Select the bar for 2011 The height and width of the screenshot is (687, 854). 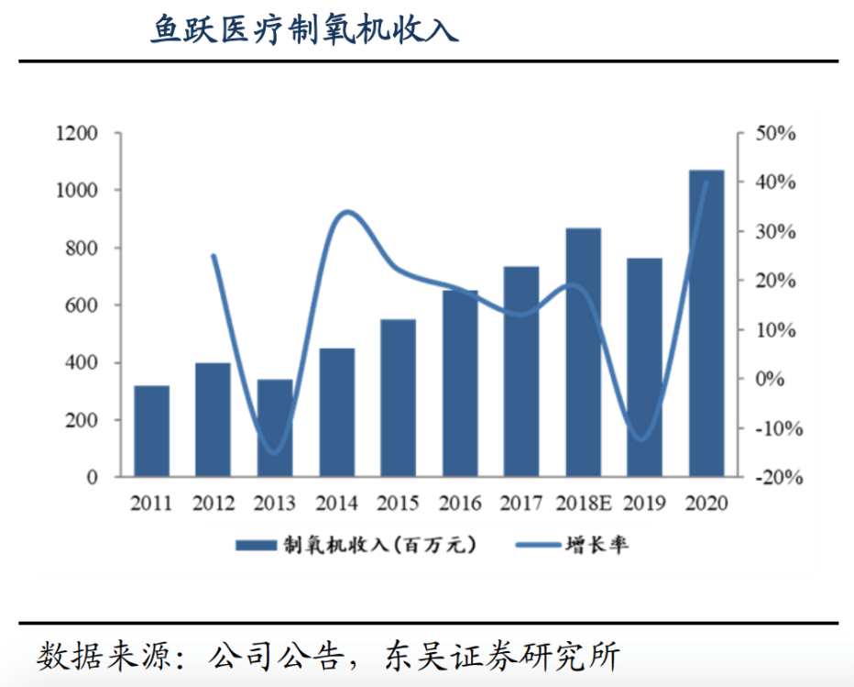[x=151, y=431]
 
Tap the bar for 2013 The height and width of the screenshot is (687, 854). [x=275, y=428]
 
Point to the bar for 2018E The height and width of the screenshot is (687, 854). [x=583, y=352]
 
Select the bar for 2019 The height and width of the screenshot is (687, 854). [x=644, y=367]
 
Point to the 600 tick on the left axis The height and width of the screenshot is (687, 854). [x=82, y=305]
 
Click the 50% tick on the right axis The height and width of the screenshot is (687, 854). [x=775, y=134]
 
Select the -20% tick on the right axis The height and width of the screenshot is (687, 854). [x=775, y=478]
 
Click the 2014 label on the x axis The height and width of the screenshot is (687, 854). [x=336, y=504]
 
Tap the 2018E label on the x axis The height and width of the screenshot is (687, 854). [x=583, y=504]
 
